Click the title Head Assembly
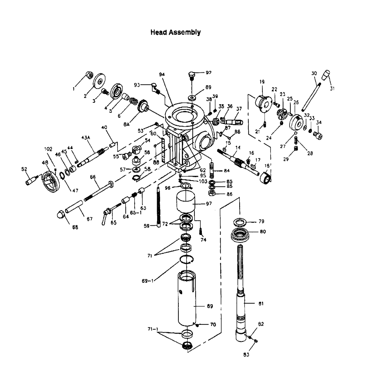[176, 32]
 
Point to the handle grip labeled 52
[31, 180]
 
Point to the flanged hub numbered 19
[262, 102]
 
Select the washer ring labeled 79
[240, 222]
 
